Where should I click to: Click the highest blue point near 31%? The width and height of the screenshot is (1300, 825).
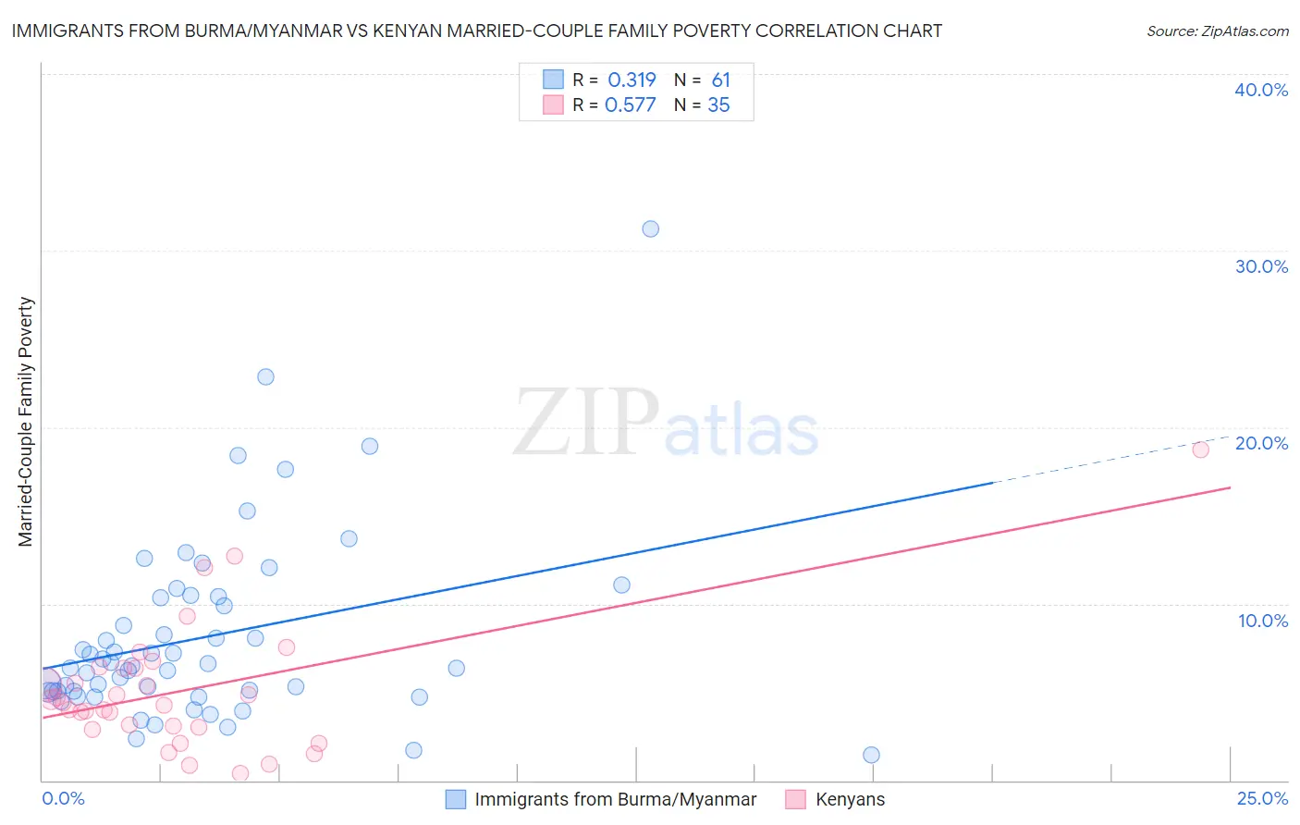tap(650, 228)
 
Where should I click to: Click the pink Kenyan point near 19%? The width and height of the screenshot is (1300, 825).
tap(1200, 449)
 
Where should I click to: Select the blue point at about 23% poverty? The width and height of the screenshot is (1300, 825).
tap(265, 376)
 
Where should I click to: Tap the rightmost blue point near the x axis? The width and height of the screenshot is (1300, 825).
tap(871, 755)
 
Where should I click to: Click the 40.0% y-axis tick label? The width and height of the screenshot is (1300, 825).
tap(1261, 90)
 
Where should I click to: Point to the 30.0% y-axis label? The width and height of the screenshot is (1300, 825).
tap(1261, 266)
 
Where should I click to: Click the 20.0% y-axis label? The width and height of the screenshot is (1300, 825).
tap(1261, 443)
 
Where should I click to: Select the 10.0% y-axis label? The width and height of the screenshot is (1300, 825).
tap(1263, 621)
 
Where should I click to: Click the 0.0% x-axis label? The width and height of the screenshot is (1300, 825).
tap(63, 799)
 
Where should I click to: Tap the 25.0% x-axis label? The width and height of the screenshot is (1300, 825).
tap(1262, 799)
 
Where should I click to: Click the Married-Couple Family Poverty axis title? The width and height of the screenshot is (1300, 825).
tap(26, 422)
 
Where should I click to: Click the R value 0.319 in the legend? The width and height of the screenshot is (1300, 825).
tap(632, 80)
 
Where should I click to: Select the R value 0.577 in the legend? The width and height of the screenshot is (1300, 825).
tap(630, 105)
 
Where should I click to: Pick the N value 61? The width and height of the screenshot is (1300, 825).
tap(720, 80)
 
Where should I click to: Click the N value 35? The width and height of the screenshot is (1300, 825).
tap(718, 105)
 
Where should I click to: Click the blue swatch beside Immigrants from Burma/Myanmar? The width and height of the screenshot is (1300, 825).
tap(456, 799)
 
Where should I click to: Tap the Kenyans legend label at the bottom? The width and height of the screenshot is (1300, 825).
tap(850, 799)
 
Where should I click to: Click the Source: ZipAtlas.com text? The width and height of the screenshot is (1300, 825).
tap(1217, 31)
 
